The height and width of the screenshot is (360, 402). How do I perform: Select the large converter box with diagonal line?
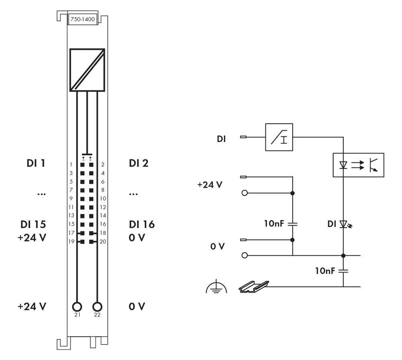pos(87,70)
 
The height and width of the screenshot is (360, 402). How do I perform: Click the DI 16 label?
pos(142,224)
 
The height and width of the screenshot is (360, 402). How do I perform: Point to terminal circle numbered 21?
pos(77,307)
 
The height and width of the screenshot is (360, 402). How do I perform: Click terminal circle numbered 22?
pos(97,307)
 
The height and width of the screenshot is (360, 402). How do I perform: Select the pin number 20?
pos(103,242)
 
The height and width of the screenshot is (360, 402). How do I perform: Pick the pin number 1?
pos(71,165)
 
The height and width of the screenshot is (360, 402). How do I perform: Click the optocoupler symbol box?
pos(358,165)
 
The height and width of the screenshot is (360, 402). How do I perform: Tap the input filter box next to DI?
pos(279,137)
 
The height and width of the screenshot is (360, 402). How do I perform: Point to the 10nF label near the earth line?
pos(325,271)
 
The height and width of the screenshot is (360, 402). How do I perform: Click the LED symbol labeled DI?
pos(343,223)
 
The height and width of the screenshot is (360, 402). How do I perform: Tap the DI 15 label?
pos(34,224)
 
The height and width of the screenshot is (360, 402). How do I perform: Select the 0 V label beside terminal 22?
pos(137,307)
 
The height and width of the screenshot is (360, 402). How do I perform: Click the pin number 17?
pos(71,233)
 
